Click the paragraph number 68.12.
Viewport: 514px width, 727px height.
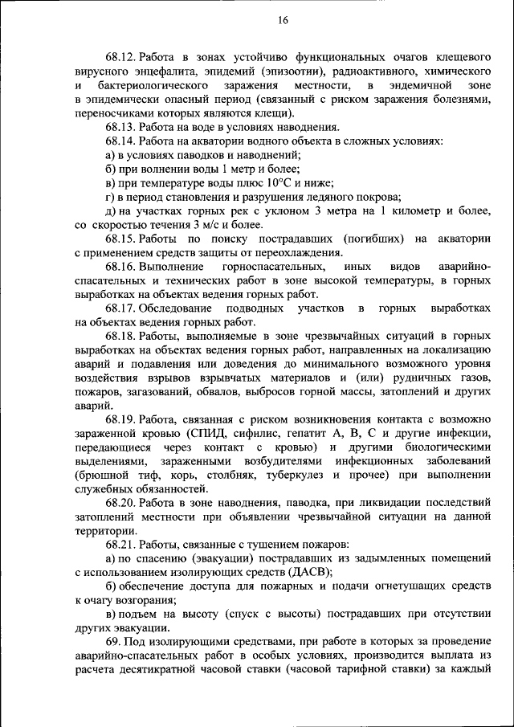pos(120,58)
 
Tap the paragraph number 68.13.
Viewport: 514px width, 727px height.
pos(120,127)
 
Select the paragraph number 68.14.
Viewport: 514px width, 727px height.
pos(120,141)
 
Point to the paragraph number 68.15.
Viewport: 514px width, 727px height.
pos(120,239)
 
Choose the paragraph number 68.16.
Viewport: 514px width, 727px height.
pos(120,266)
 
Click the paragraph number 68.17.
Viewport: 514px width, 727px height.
pos(120,308)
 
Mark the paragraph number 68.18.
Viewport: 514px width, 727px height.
pos(120,336)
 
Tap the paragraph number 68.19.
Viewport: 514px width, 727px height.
pos(120,419)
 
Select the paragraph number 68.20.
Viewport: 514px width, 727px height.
pos(120,504)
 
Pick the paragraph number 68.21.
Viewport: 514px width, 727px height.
pos(120,545)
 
